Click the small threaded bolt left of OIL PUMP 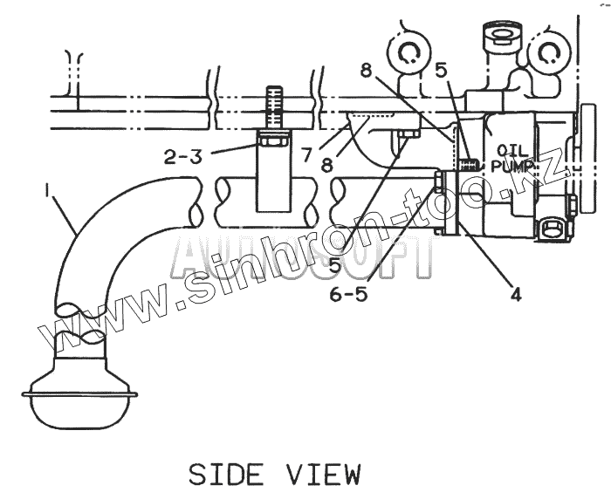click(x=470, y=161)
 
